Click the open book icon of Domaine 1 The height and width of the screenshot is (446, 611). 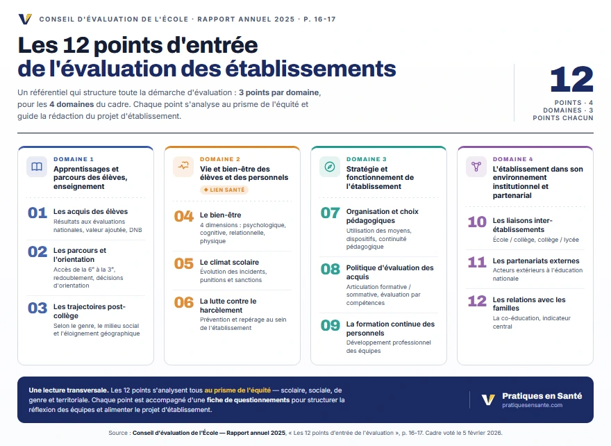click(37, 167)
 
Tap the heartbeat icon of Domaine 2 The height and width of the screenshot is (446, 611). click(183, 166)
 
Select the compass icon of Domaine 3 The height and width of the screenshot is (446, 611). click(330, 167)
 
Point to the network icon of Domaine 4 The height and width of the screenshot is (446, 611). click(476, 167)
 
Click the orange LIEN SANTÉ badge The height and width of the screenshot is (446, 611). click(224, 190)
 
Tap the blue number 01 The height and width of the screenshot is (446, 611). click(37, 213)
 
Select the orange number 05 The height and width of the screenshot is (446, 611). click(184, 264)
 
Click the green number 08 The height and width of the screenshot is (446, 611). click(330, 270)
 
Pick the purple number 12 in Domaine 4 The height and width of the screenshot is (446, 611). click(477, 302)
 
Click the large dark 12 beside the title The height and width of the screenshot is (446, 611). click(571, 79)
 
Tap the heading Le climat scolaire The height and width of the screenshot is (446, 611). click(229, 263)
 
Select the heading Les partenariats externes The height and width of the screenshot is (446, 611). click(536, 261)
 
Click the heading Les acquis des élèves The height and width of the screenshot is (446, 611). click(90, 212)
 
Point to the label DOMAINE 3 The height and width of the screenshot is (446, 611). click(367, 159)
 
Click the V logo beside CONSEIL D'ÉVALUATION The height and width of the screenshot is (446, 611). click(25, 19)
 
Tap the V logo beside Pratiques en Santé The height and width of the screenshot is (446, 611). click(488, 399)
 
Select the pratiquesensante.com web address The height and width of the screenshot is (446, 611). click(532, 406)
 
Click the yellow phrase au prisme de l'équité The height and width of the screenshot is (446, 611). click(237, 390)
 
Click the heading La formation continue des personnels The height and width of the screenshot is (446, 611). click(390, 329)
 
